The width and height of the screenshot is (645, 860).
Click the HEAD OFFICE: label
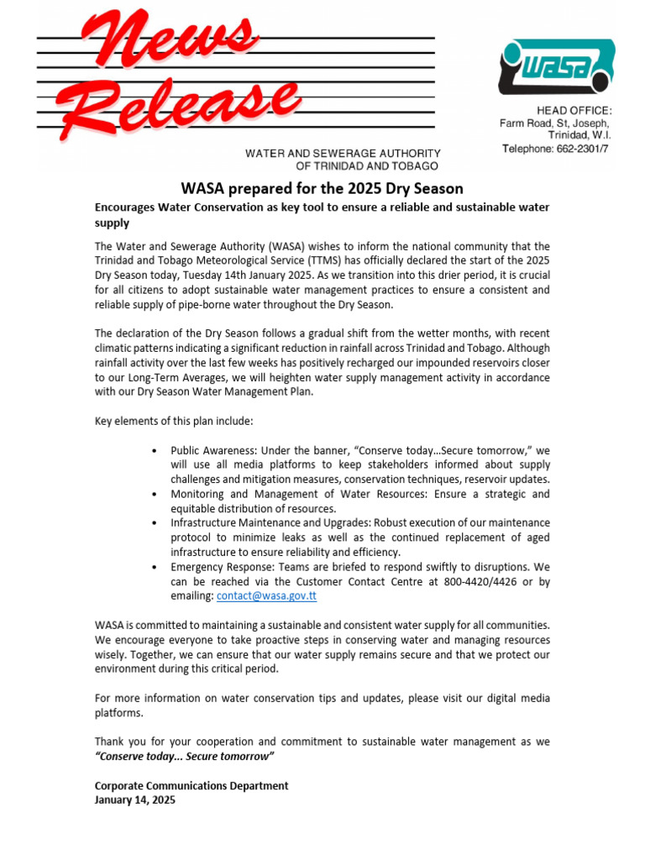[574, 111]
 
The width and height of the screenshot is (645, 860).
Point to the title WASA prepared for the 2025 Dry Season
[322, 188]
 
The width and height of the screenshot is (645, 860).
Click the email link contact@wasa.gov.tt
[266, 595]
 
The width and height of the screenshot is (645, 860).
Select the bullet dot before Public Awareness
[155, 451]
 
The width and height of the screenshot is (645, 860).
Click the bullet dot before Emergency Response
[155, 567]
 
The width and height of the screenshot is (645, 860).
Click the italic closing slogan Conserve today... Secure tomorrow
[185, 757]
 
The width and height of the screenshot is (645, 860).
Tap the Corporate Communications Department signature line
[191, 786]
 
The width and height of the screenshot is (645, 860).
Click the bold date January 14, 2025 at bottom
[135, 800]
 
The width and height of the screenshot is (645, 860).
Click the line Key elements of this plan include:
[173, 421]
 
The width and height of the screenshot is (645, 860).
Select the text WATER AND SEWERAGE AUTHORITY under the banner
[343, 154]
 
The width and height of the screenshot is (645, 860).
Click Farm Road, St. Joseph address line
[555, 123]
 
